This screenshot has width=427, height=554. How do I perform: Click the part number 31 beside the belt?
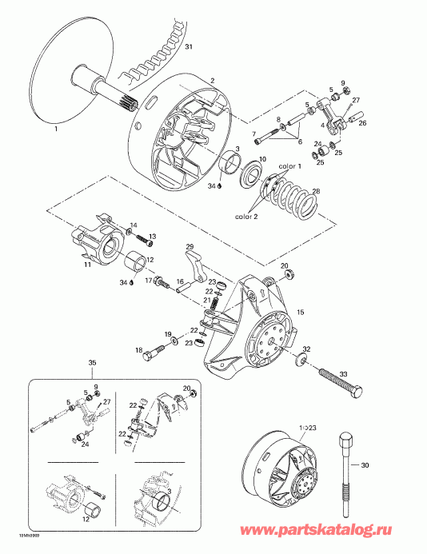[x=189, y=49]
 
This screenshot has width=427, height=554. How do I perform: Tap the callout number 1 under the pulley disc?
[x=55, y=128]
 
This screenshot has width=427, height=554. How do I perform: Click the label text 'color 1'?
[x=289, y=166]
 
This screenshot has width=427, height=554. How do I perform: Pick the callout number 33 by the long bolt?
[x=345, y=374]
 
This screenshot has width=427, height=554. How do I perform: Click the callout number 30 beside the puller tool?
[x=366, y=466]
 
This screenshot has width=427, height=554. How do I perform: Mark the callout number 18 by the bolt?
[x=139, y=350]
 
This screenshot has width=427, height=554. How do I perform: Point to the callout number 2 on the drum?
[x=213, y=81]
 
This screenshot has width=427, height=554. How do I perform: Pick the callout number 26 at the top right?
[x=361, y=123]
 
